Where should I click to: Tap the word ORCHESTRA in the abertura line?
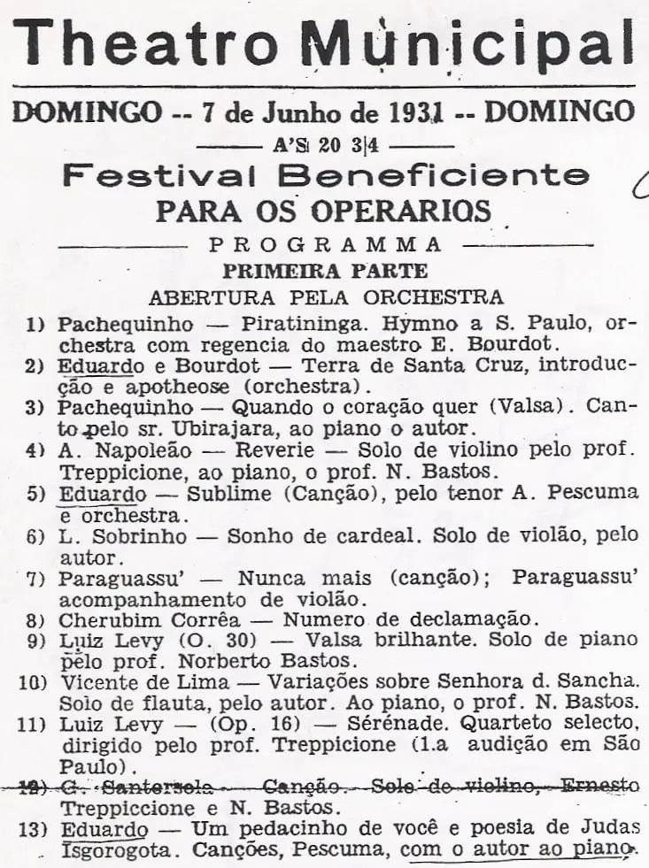click(x=436, y=296)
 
